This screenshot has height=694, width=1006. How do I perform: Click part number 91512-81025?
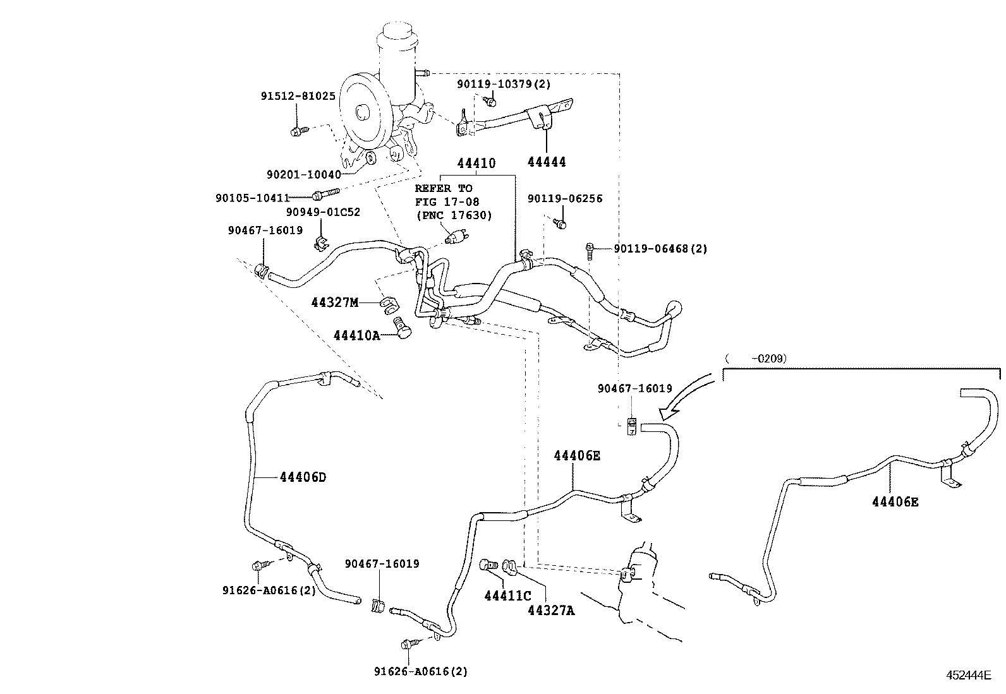(x=298, y=96)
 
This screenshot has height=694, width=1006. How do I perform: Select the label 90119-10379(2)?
(x=504, y=84)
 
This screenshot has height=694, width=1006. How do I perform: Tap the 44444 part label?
(x=547, y=162)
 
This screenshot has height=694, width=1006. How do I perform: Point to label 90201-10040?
(x=304, y=175)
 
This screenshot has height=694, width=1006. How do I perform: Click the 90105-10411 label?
(x=253, y=198)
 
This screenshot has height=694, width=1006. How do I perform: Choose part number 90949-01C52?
(x=324, y=212)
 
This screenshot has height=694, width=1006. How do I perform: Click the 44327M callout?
(x=335, y=302)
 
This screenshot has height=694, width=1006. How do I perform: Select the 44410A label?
(x=356, y=335)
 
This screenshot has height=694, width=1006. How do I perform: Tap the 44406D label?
(x=303, y=477)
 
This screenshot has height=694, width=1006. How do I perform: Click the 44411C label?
(x=508, y=595)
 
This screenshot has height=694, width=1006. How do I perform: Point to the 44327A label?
(x=551, y=611)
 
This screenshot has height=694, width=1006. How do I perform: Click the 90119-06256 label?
(x=565, y=198)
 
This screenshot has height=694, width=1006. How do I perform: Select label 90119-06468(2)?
(x=660, y=248)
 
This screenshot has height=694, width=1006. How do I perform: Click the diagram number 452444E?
(x=969, y=674)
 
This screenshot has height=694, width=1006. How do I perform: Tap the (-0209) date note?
(x=756, y=358)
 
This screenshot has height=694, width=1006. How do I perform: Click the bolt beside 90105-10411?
(x=325, y=194)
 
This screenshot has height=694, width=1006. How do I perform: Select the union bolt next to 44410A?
(x=402, y=328)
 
